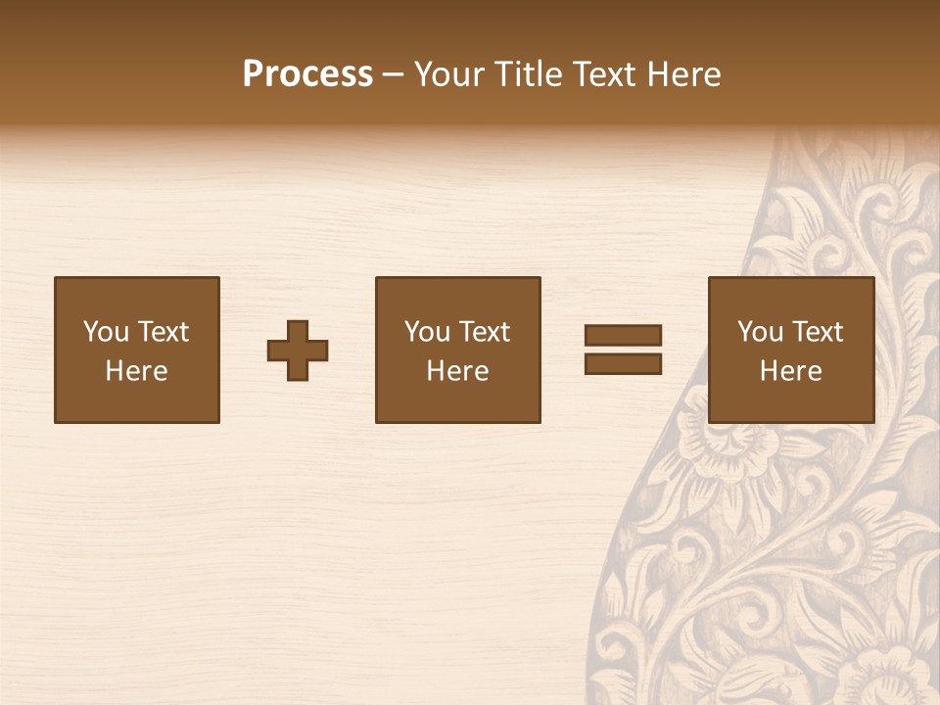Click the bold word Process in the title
(x=307, y=73)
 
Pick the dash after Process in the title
(x=393, y=75)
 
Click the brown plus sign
(x=298, y=351)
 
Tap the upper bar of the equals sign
(x=623, y=335)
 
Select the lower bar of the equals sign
(x=623, y=364)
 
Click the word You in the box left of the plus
(x=106, y=332)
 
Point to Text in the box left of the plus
(x=162, y=332)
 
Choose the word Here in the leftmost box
(x=136, y=371)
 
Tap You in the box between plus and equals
(x=427, y=332)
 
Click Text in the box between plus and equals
(x=484, y=332)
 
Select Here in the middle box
(x=457, y=371)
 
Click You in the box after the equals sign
(x=760, y=332)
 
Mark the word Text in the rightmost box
(x=817, y=332)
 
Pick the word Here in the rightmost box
(x=790, y=371)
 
